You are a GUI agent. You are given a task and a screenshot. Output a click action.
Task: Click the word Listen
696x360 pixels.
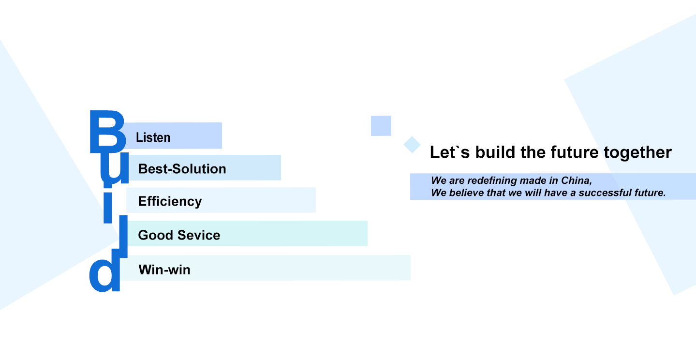pos(153,137)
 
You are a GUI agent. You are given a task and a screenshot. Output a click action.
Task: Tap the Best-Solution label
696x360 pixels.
pos(182,169)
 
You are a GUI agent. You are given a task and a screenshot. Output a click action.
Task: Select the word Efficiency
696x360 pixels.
pos(170,202)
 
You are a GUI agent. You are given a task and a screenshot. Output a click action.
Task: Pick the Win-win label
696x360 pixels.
pos(164,270)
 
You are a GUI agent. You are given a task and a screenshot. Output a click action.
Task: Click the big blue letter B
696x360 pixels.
pos(108,132)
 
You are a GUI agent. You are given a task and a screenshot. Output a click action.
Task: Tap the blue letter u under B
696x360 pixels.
pos(114,170)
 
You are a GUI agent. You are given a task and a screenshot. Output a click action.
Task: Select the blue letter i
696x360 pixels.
pos(108,208)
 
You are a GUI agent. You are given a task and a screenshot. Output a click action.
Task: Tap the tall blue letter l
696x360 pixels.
pos(123,236)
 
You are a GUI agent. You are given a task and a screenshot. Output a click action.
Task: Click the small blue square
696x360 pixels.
pos(381,126)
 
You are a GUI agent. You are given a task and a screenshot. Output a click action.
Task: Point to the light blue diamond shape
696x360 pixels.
pos(412,145)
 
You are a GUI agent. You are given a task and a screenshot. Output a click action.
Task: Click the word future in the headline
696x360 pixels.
pos(575,152)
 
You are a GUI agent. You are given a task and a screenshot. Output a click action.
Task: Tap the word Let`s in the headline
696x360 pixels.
pos(450,152)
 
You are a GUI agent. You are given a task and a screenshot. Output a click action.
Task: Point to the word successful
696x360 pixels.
pos(605,193)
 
